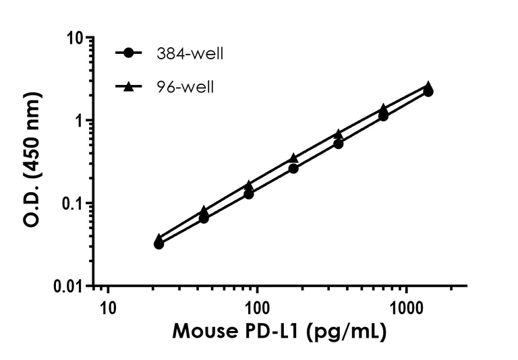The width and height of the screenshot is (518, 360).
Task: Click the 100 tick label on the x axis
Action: pyautogui.click(x=256, y=307)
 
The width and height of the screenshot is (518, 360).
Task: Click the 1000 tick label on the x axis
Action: pyautogui.click(x=406, y=307)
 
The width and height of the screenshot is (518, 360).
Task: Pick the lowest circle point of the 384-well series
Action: pyautogui.click(x=159, y=243)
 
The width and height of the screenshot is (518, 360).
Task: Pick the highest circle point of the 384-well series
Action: pyautogui.click(x=428, y=92)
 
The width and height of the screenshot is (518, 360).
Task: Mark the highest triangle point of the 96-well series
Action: pyautogui.click(x=428, y=86)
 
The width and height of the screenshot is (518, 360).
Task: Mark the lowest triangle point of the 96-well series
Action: pyautogui.click(x=159, y=239)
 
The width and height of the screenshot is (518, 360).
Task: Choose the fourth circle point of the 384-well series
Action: pyautogui.click(x=293, y=168)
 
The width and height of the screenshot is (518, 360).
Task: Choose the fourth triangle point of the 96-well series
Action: pyautogui.click(x=293, y=158)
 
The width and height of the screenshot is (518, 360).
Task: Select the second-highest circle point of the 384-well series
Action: pyautogui.click(x=383, y=116)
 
